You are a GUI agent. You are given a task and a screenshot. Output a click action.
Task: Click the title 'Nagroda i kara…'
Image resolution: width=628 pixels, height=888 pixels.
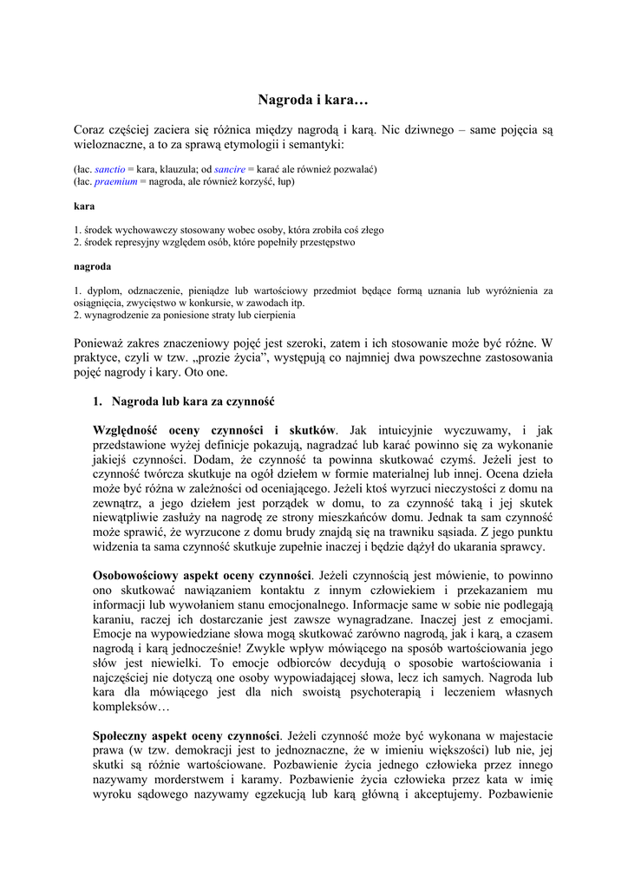tap(313, 100)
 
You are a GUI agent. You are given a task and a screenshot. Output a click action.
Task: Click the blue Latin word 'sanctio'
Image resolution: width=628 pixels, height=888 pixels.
tap(109, 169)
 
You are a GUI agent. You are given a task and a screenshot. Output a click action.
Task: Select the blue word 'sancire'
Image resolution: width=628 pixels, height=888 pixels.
tap(229, 169)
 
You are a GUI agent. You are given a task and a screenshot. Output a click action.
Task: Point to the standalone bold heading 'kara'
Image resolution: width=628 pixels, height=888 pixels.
tap(83, 206)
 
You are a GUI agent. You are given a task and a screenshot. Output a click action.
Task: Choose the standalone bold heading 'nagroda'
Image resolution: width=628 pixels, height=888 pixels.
tap(92, 267)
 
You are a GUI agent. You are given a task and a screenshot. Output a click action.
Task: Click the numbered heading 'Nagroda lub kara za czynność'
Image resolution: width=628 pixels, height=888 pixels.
tap(193, 402)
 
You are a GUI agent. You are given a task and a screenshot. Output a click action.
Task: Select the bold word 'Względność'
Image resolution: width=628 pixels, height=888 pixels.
tap(129, 430)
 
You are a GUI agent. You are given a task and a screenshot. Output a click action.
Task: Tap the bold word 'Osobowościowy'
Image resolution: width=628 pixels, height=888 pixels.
tap(142, 575)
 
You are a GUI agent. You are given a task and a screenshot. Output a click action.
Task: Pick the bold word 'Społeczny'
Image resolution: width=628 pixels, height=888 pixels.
tap(123, 735)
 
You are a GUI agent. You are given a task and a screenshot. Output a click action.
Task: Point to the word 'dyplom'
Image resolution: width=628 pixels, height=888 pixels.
tap(99, 291)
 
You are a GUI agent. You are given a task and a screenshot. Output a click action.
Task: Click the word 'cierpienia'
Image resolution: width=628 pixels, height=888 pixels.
tap(273, 316)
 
